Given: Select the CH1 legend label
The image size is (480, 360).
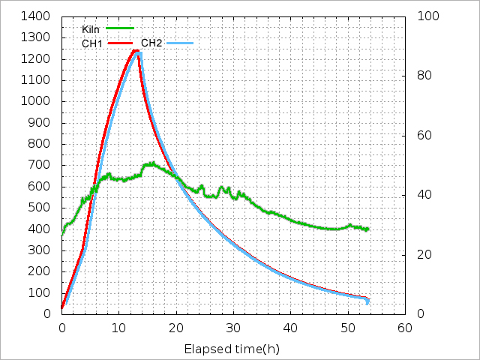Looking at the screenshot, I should [x=92, y=43].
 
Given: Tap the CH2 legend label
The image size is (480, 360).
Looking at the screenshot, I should [x=151, y=43].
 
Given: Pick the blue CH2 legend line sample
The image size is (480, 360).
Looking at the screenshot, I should [x=179, y=43].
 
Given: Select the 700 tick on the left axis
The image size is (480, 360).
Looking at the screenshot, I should [x=42, y=165].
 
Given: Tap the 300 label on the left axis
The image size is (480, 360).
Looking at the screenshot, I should [x=42, y=250].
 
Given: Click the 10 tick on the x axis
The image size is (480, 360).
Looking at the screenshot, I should [x=118, y=328].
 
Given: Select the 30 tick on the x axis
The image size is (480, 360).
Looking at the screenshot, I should [x=233, y=328].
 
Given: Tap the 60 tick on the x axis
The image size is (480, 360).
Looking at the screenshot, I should [x=405, y=328].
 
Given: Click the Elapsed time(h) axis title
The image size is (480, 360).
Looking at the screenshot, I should [x=232, y=349].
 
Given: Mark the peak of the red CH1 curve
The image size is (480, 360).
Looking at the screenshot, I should [x=136, y=50].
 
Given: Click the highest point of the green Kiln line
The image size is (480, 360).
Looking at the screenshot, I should [x=153, y=162].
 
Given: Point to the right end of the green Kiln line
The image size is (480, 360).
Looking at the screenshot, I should [x=368, y=229].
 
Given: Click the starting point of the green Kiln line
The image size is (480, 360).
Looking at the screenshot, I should [x=62, y=235].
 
